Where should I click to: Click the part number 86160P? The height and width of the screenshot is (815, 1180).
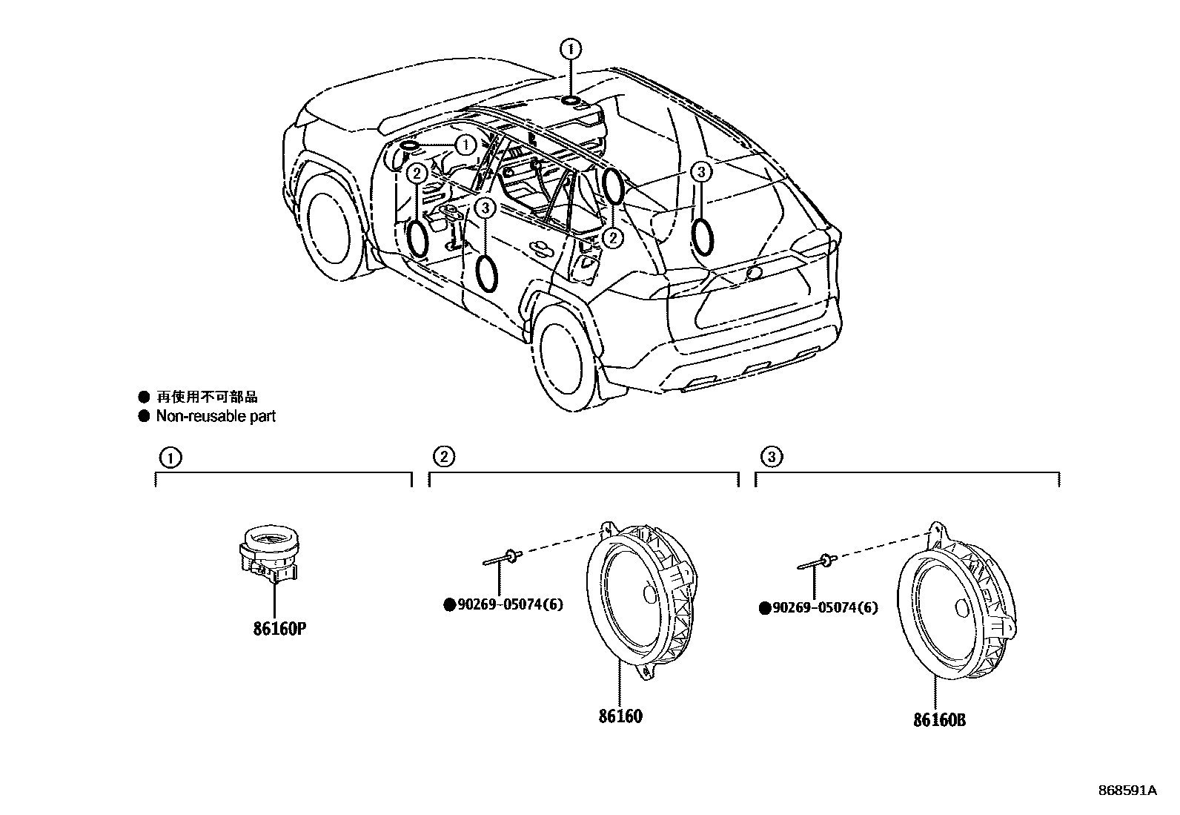(x=279, y=629)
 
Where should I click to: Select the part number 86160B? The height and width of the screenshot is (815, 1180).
(x=939, y=719)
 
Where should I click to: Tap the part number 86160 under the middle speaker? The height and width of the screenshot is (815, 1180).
(x=620, y=716)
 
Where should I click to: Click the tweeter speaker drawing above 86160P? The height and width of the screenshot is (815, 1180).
(x=268, y=552)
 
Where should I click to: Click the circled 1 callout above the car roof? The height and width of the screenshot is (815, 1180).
(x=571, y=50)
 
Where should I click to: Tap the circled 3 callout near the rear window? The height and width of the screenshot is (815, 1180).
(x=701, y=173)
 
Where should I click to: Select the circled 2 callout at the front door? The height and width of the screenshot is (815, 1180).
(x=417, y=173)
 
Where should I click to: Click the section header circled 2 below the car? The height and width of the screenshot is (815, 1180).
(x=443, y=456)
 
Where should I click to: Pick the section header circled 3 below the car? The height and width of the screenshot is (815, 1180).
(x=771, y=457)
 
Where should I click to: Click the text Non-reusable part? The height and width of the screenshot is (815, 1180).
(x=215, y=416)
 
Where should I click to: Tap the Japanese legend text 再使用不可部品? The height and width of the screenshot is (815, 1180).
(x=207, y=397)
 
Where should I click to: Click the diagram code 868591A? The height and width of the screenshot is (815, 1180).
(x=1127, y=791)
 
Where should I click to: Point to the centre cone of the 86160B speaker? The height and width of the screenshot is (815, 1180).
(x=964, y=608)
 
